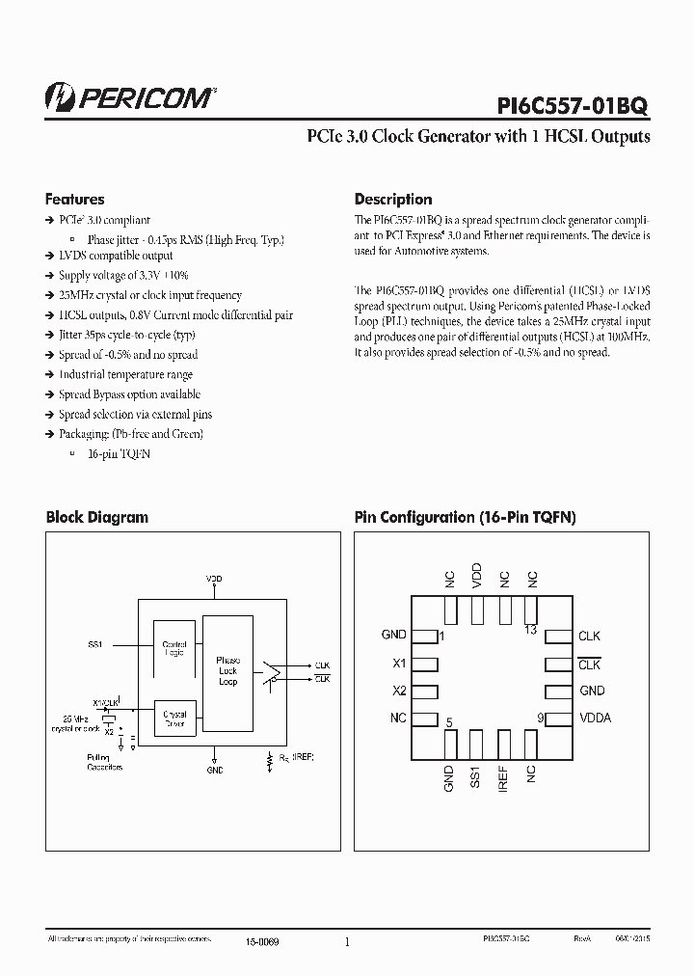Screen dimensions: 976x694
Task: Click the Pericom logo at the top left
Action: [130, 96]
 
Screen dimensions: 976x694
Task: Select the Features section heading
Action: [74, 200]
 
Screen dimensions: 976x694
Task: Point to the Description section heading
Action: [393, 200]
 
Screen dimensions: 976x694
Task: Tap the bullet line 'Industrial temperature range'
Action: [125, 374]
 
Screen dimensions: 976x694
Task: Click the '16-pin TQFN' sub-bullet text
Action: [119, 453]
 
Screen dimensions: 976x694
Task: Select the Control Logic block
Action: [174, 647]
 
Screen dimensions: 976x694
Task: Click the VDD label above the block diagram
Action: [214, 579]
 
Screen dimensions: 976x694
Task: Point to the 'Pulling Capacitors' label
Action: [104, 763]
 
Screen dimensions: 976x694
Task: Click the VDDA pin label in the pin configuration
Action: [595, 718]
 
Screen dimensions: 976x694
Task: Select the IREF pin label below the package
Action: [503, 780]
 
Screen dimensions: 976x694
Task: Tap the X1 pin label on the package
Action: [399, 664]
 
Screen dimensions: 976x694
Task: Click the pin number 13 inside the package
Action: [530, 631]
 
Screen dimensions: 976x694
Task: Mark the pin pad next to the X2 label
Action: [425, 691]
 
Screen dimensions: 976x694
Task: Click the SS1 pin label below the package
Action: [475, 780]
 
